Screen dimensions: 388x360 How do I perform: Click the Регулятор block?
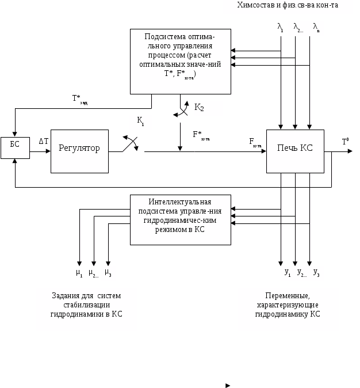click(79, 151)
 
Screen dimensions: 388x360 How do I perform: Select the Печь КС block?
click(295, 151)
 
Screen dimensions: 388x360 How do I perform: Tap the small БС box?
click(14, 148)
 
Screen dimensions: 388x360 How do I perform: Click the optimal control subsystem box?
click(180, 61)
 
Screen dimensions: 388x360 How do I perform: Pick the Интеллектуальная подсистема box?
click(180, 219)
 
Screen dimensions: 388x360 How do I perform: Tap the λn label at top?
click(316, 27)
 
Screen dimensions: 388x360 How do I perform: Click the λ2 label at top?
click(298, 27)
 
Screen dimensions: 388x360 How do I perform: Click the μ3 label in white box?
click(108, 272)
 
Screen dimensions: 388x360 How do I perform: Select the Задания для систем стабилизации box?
click(87, 309)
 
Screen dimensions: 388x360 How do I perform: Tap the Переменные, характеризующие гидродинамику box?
click(288, 309)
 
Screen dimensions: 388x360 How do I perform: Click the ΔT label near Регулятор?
click(43, 141)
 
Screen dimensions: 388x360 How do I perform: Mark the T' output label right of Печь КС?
click(345, 142)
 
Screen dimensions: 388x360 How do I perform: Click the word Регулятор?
click(79, 148)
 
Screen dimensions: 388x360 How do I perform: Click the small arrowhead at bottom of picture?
click(228, 385)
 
